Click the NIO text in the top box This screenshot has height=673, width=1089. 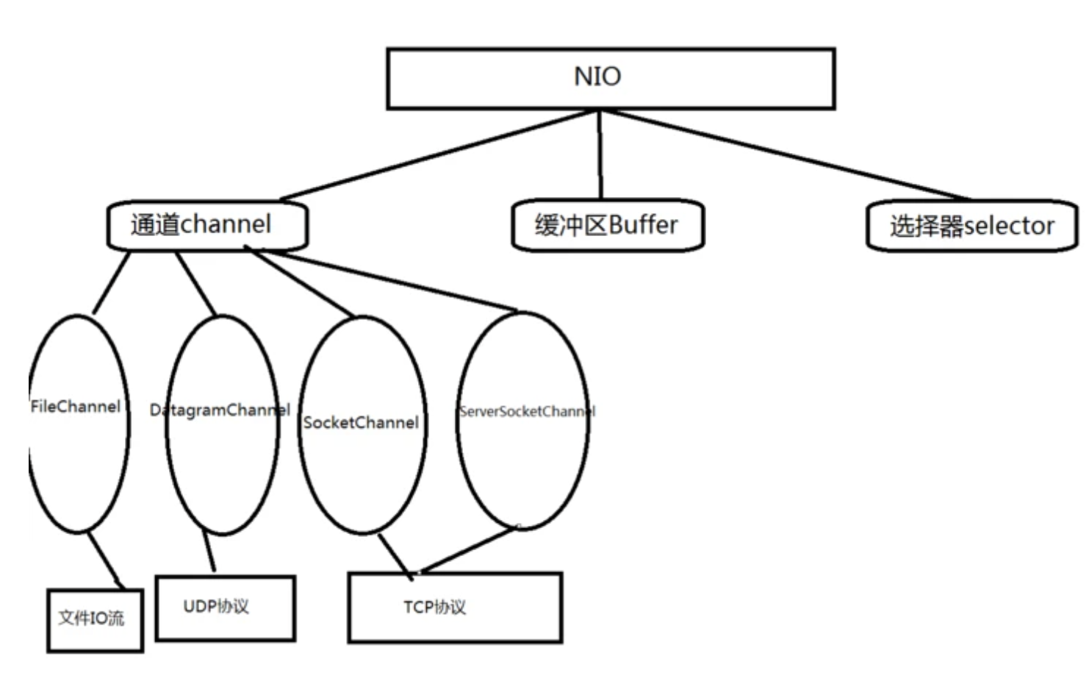click(x=597, y=76)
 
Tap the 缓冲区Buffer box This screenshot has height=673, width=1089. click(x=607, y=225)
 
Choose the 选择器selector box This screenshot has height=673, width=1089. click(x=971, y=226)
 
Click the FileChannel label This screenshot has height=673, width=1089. click(x=75, y=407)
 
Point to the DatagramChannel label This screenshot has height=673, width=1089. click(x=220, y=410)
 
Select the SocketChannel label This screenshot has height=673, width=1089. click(x=361, y=423)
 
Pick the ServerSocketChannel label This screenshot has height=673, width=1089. click(x=526, y=411)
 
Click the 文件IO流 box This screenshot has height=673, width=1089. click(x=95, y=619)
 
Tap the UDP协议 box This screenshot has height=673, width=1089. click(x=225, y=608)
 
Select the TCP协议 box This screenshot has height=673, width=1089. click(x=455, y=608)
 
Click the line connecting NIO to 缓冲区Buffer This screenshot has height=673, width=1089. click(x=600, y=154)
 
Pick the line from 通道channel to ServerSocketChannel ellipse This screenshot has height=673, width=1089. click(x=389, y=282)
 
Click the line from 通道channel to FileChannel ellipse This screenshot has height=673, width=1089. click(x=112, y=282)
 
